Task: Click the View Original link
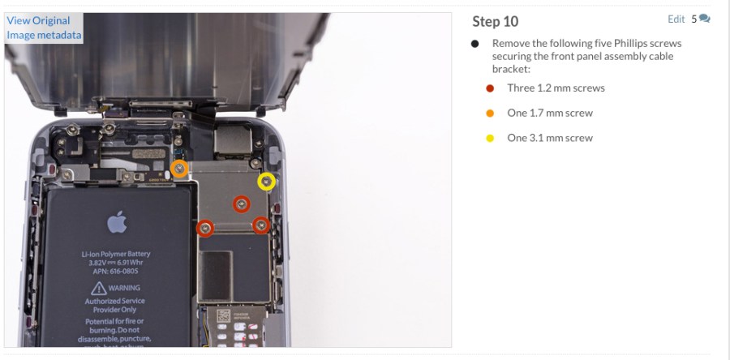pyautogui.click(x=38, y=20)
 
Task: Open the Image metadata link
pyautogui.click(x=44, y=35)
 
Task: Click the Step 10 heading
pyautogui.click(x=495, y=21)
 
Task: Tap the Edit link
pyautogui.click(x=676, y=19)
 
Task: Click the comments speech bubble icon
pyautogui.click(x=704, y=19)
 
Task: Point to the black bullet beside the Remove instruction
pyautogui.click(x=474, y=44)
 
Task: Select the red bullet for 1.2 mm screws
pyautogui.click(x=490, y=88)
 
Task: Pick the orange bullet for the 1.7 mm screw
pyautogui.click(x=490, y=114)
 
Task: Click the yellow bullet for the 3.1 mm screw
pyautogui.click(x=490, y=139)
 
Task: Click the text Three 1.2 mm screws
pyautogui.click(x=556, y=88)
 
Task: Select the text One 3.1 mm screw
pyautogui.click(x=550, y=139)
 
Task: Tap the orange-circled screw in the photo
pyautogui.click(x=179, y=169)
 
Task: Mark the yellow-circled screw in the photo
pyautogui.click(x=266, y=182)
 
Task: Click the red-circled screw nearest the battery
pyautogui.click(x=205, y=229)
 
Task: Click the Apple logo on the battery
pyautogui.click(x=117, y=221)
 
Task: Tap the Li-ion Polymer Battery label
pyautogui.click(x=116, y=254)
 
